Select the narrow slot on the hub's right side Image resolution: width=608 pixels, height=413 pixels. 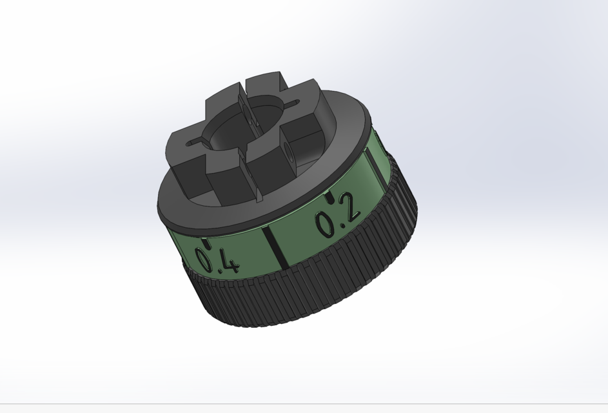tap(291, 103)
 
